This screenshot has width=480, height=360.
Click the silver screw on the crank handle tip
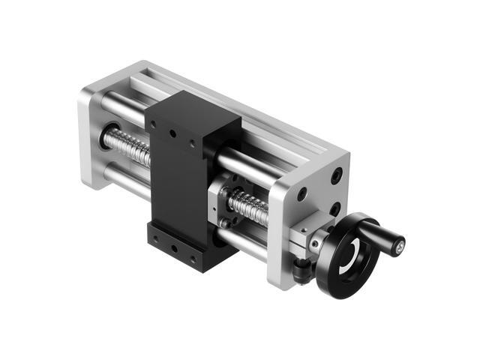coord(401,244)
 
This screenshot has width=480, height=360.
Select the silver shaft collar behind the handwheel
coord(316,241)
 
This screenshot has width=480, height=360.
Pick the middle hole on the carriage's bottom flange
coord(174,246)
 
